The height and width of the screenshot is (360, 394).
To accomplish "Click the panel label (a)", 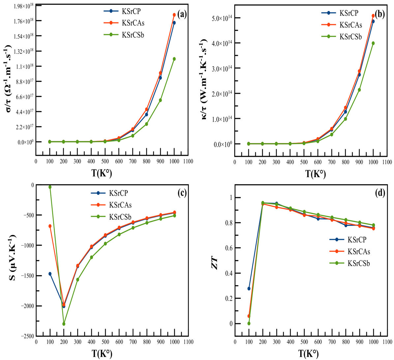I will tap(182, 14).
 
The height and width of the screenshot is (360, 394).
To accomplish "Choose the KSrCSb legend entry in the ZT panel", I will tap(358, 263).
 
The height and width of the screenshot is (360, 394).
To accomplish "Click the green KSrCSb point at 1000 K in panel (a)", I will tap(174, 59).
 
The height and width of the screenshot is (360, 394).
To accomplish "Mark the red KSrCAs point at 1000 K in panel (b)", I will tap(373, 16).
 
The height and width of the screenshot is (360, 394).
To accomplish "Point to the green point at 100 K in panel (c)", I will tap(50, 187).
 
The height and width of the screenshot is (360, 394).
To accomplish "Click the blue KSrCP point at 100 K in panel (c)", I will tap(50, 274).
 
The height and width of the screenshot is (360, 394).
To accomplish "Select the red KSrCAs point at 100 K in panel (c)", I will tap(50, 226).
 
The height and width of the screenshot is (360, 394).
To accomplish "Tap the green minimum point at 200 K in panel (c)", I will tap(64, 324).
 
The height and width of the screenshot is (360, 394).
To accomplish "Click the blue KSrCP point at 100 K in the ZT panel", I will tap(249, 288).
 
